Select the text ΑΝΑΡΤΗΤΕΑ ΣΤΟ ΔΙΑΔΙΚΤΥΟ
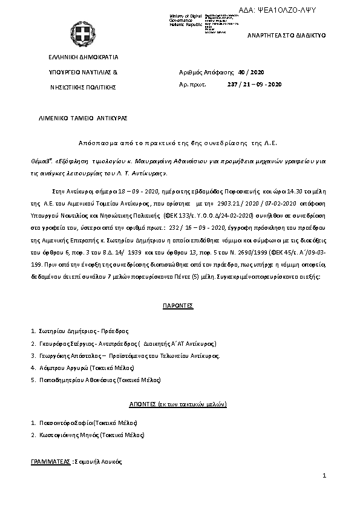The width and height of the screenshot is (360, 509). pos(287,36)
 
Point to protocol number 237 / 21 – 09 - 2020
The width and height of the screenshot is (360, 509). pos(254,84)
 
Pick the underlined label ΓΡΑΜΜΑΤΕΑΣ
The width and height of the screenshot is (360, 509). pos(51,461)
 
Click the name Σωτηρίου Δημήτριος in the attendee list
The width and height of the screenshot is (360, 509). pos(61,331)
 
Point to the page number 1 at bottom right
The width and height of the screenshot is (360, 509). pos(324,476)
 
